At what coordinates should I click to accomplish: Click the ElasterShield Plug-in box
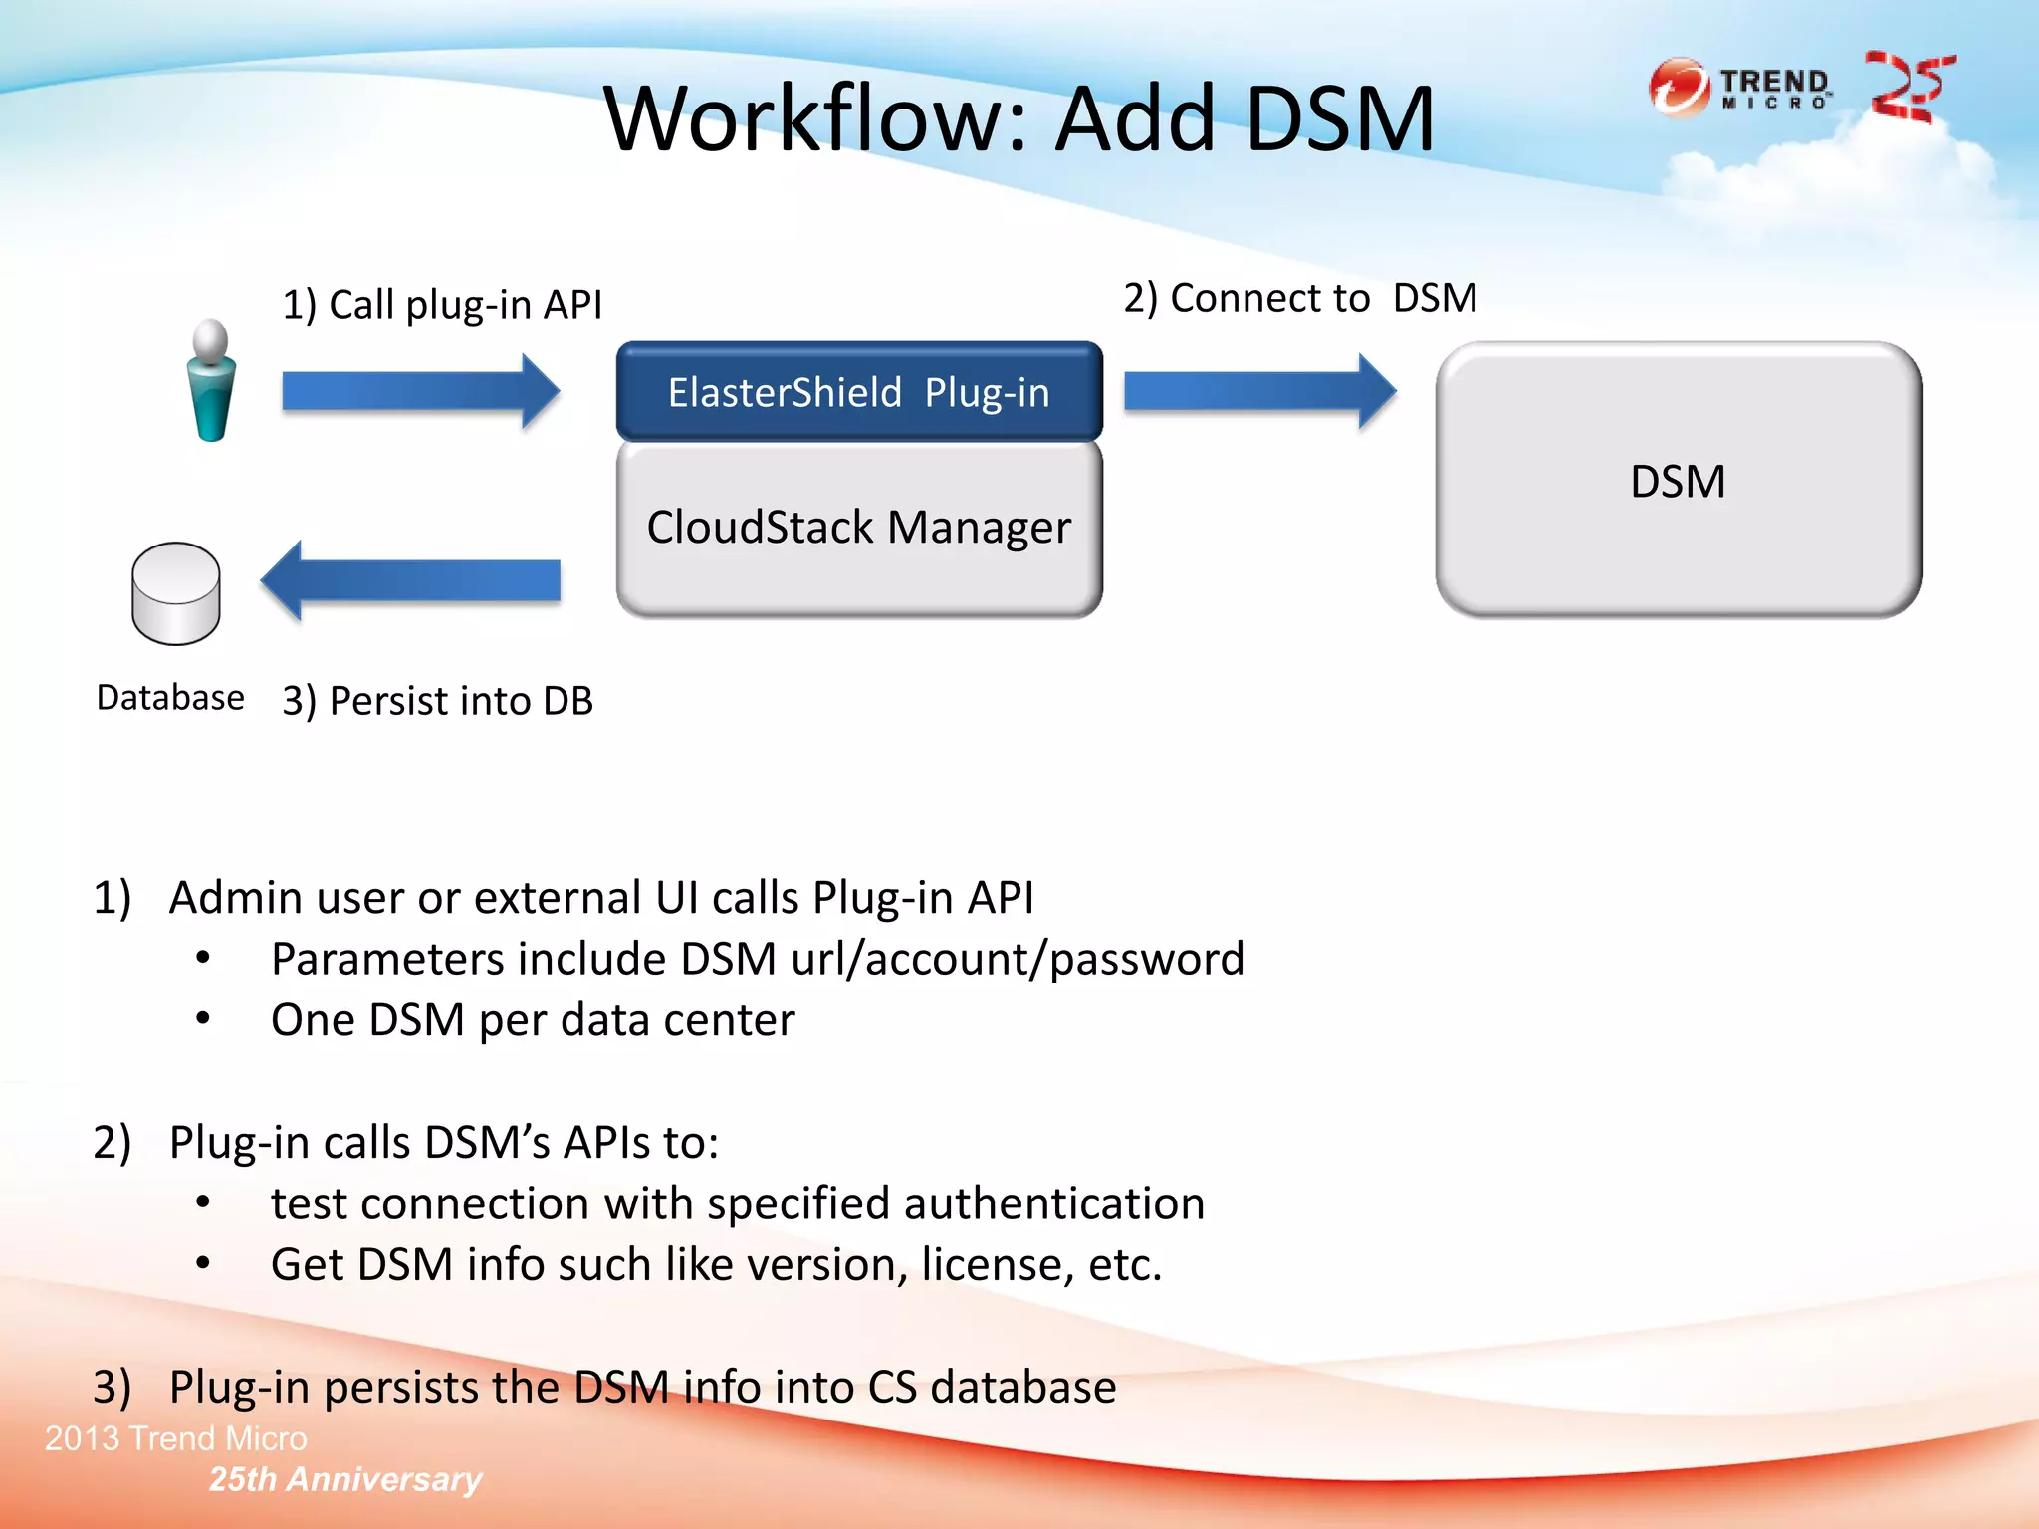[859, 392]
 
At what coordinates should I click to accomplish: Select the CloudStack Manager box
[859, 528]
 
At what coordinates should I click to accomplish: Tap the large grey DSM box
[1679, 481]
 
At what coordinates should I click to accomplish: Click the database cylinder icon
[176, 593]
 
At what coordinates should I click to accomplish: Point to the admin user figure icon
[211, 381]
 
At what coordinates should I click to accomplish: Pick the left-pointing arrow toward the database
[410, 580]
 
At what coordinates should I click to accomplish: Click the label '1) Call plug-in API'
[442, 305]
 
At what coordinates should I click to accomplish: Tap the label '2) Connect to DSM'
[1300, 298]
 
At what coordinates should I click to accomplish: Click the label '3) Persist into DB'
[438, 701]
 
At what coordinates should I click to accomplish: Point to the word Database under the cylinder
[170, 698]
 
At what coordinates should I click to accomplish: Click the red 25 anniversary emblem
[1909, 88]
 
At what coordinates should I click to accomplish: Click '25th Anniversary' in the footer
[345, 1479]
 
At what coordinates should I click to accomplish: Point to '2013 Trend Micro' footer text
[176, 1438]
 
